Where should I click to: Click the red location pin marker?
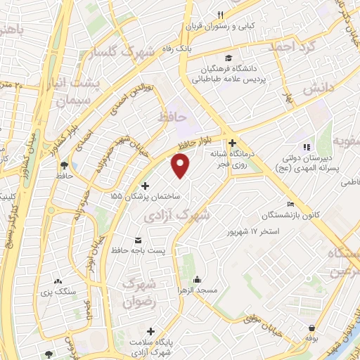(x=181, y=166)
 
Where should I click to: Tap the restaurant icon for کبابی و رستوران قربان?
(x=220, y=15)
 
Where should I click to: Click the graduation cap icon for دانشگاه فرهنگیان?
(x=229, y=58)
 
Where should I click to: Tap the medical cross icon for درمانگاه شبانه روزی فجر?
(x=231, y=142)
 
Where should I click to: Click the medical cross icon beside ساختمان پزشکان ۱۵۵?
(x=146, y=186)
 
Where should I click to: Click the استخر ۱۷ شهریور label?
(x=253, y=231)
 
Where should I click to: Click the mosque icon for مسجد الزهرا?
(x=198, y=280)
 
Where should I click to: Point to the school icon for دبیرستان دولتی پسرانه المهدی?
(x=306, y=147)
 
